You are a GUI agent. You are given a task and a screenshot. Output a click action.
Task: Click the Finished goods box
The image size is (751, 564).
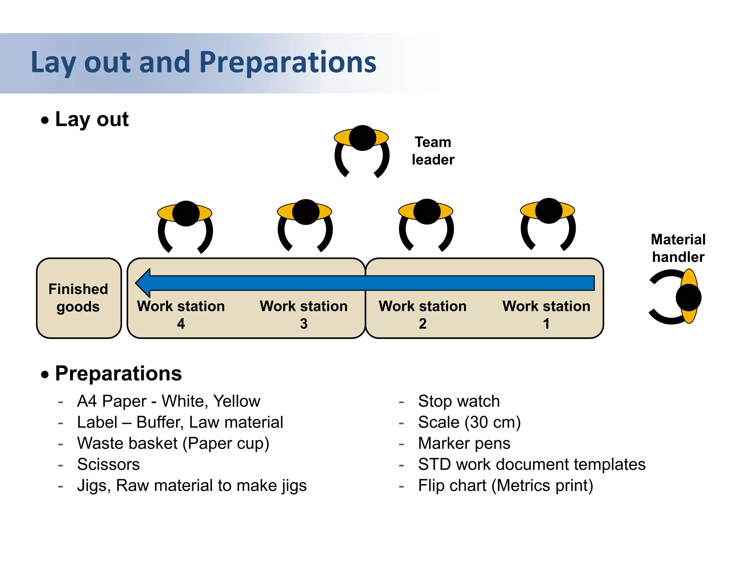click(78, 298)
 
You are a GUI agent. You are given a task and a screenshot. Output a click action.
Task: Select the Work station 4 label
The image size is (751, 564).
click(181, 314)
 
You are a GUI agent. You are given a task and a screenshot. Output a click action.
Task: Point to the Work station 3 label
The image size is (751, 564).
click(304, 314)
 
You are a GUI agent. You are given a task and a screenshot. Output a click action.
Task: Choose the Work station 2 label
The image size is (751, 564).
click(422, 314)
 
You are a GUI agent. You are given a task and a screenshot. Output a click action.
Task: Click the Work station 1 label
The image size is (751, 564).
click(546, 314)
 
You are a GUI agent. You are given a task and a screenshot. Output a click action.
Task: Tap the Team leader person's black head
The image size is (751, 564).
click(362, 138)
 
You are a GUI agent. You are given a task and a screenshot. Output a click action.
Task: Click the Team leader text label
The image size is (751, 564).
click(433, 151)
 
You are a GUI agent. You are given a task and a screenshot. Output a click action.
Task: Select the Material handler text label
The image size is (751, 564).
click(678, 248)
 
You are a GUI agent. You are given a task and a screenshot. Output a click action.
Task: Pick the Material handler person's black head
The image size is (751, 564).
click(688, 298)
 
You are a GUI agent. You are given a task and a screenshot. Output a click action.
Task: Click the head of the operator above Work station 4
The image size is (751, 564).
click(186, 213)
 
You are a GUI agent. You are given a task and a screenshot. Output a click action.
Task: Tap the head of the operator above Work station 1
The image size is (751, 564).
click(549, 211)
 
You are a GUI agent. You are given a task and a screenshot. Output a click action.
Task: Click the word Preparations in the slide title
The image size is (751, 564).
click(288, 62)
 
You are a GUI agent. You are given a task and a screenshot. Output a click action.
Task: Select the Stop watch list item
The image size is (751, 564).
click(459, 401)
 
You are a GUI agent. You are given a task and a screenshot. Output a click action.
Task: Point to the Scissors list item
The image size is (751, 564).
click(109, 464)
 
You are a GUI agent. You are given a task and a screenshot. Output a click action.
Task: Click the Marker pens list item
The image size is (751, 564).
click(464, 443)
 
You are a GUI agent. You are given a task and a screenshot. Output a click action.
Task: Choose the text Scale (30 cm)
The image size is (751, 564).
click(469, 422)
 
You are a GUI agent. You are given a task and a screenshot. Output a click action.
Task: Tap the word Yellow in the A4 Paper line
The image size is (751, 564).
click(237, 401)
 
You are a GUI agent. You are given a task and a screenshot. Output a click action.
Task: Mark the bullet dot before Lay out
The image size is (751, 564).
click(45, 120)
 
